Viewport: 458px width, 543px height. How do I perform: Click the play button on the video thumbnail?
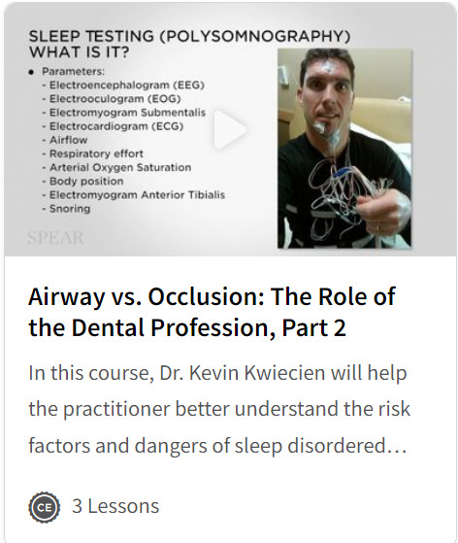pyautogui.click(x=229, y=129)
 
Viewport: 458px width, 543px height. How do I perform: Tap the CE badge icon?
pyautogui.click(x=44, y=507)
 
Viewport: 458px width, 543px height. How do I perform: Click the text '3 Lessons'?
pyautogui.click(x=115, y=506)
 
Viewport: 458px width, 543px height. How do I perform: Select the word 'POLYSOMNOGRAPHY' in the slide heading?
pyautogui.click(x=255, y=37)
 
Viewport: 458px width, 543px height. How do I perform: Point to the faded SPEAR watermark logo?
pyautogui.click(x=55, y=238)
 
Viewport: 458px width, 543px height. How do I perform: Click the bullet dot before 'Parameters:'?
pyautogui.click(x=32, y=72)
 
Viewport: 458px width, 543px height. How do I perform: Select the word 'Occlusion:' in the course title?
pyautogui.click(x=207, y=297)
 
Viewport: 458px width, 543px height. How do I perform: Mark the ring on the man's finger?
pyautogui.click(x=378, y=227)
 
